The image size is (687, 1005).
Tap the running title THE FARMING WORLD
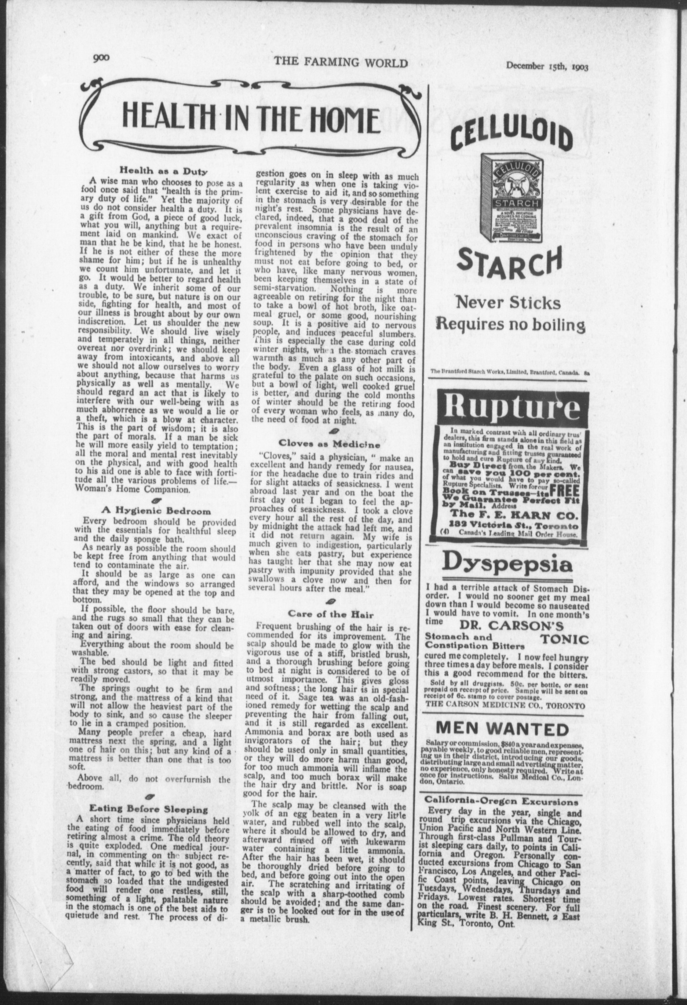point(340,63)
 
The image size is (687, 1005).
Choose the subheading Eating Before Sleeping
point(149,809)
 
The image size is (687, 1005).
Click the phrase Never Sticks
point(508,303)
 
